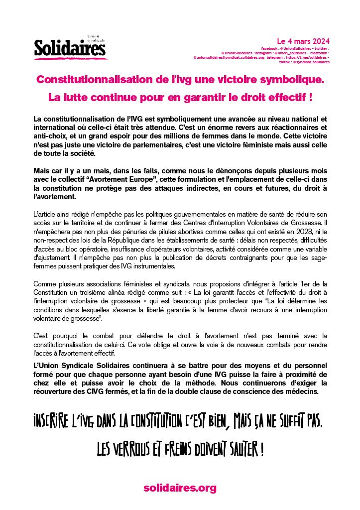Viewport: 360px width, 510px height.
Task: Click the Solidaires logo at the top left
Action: pos(70,48)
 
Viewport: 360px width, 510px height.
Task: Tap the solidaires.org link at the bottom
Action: pos(180,488)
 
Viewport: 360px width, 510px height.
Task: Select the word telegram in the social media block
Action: pos(274,57)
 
